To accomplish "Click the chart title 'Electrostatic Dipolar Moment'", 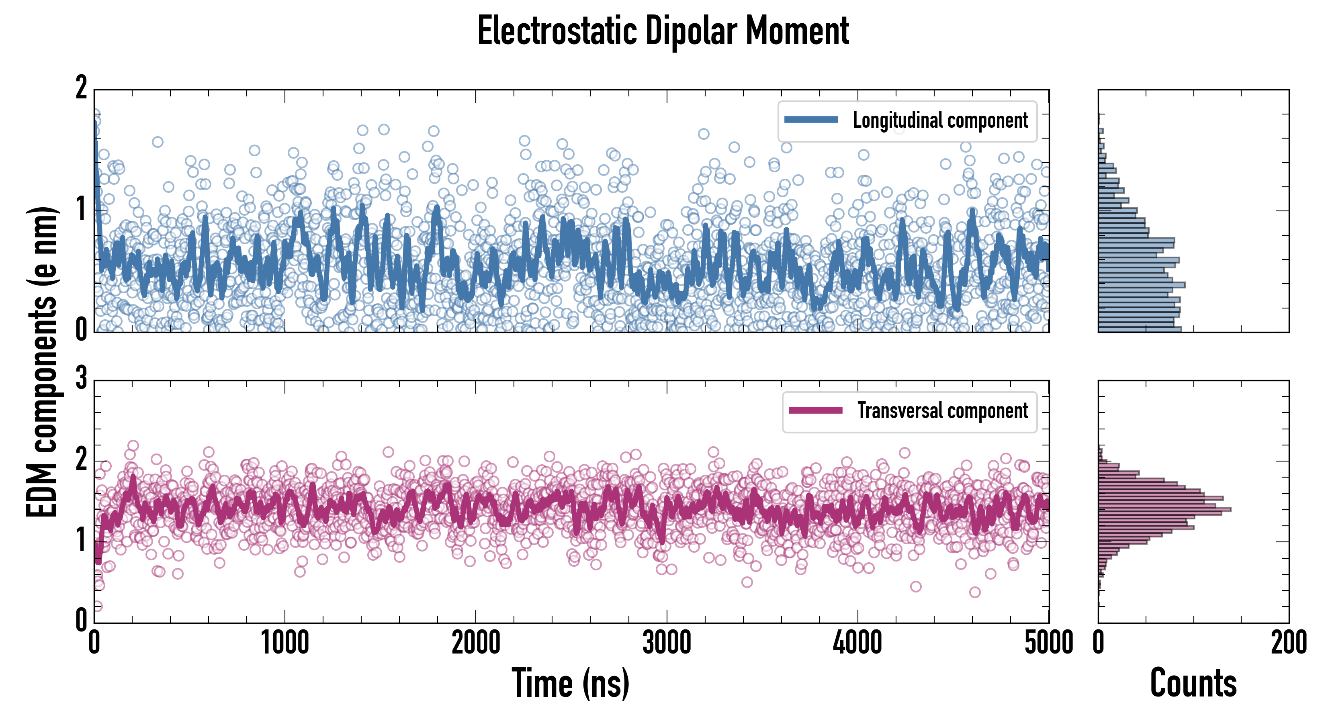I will pyautogui.click(x=663, y=31).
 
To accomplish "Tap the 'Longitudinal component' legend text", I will pyautogui.click(x=940, y=120).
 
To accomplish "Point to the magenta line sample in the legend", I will pyautogui.click(x=815, y=410).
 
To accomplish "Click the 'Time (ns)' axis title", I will pyautogui.click(x=570, y=683).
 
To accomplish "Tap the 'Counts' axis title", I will pyautogui.click(x=1193, y=683).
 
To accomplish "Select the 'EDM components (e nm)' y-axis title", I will pyautogui.click(x=42, y=362).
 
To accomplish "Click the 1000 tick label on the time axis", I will pyautogui.click(x=284, y=643).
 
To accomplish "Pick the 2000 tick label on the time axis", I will pyautogui.click(x=476, y=643).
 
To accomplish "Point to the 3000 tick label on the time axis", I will pyautogui.click(x=667, y=643).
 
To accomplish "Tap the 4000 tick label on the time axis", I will pyautogui.click(x=857, y=643).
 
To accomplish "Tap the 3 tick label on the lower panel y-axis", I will pyautogui.click(x=81, y=379).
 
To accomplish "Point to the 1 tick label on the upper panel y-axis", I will pyautogui.click(x=81, y=210).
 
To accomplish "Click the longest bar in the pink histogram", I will pyautogui.click(x=1164, y=509).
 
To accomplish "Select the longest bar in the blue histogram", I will pyautogui.click(x=1142, y=284).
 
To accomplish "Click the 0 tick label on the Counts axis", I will pyautogui.click(x=1099, y=643).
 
